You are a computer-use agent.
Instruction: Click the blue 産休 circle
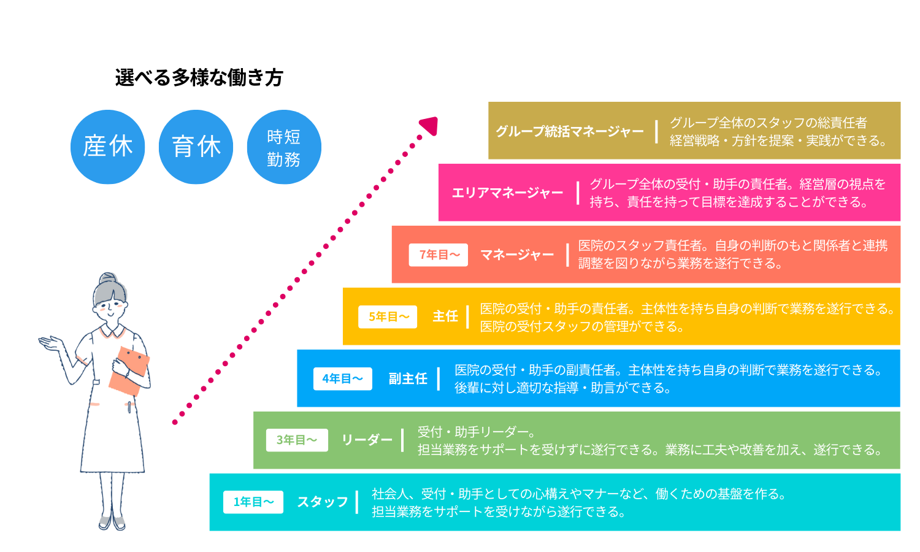(x=107, y=147)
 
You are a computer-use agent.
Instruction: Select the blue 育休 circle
(x=196, y=147)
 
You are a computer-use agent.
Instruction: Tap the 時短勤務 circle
(x=284, y=147)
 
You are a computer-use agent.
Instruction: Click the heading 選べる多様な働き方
(x=199, y=78)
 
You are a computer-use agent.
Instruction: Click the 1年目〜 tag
(x=253, y=502)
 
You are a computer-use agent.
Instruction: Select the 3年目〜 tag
(x=297, y=440)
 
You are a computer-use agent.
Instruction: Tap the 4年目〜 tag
(x=342, y=378)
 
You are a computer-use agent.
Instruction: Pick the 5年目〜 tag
(x=388, y=316)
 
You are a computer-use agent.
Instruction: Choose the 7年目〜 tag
(x=439, y=255)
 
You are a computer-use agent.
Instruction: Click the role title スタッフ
(x=323, y=502)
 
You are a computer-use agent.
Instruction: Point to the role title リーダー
(x=367, y=440)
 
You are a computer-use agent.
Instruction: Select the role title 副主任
(x=408, y=378)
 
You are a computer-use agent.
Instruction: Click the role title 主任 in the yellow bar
(x=445, y=316)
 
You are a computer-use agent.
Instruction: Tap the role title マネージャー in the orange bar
(x=517, y=255)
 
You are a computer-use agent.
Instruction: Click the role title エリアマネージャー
(x=507, y=193)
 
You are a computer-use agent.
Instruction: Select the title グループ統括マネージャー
(x=570, y=131)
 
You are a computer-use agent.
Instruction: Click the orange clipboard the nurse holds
(x=129, y=370)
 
